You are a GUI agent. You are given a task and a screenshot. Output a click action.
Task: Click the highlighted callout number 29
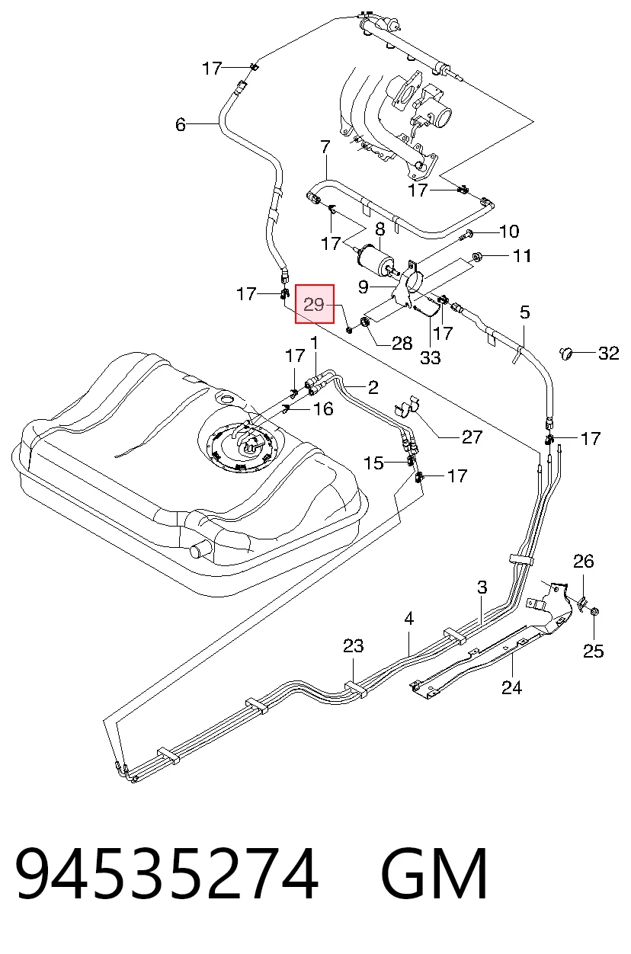(x=314, y=305)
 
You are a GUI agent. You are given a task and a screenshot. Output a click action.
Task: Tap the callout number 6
(x=181, y=125)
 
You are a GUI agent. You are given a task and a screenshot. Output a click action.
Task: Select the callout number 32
(x=608, y=353)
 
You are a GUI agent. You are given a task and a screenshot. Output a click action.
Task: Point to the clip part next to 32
(x=565, y=354)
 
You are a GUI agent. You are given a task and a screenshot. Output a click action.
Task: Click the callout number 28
(x=402, y=343)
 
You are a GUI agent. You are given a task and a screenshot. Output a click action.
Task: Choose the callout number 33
(x=431, y=357)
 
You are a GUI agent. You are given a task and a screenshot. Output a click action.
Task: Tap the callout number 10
(x=509, y=231)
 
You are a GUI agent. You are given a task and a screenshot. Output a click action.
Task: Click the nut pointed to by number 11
(x=477, y=257)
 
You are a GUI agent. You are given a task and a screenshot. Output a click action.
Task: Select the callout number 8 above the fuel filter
(x=380, y=229)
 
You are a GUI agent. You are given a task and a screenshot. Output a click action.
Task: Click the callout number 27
(x=472, y=437)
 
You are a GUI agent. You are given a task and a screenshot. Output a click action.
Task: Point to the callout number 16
(x=323, y=409)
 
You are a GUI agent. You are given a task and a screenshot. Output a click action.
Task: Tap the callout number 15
(x=373, y=463)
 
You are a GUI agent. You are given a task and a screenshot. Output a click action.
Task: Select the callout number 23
(x=353, y=646)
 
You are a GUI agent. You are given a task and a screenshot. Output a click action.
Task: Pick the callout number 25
(x=594, y=651)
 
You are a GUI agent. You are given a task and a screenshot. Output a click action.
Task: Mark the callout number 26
(x=583, y=562)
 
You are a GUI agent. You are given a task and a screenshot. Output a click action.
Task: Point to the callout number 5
(x=524, y=312)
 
